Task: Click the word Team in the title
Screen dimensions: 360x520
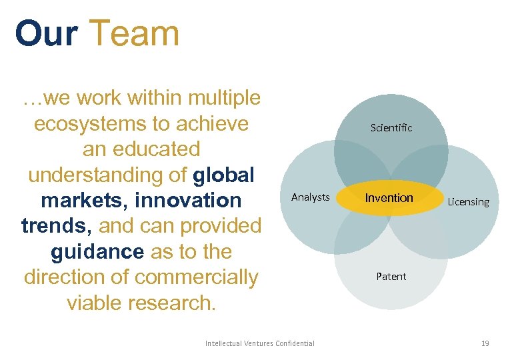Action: tap(134, 33)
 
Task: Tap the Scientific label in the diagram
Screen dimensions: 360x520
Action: tap(391, 127)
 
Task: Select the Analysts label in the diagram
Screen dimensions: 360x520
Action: tap(310, 197)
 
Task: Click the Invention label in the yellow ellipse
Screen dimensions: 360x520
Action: tap(389, 197)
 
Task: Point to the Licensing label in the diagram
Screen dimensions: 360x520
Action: tap(468, 201)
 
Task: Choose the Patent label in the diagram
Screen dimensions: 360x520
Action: tap(391, 276)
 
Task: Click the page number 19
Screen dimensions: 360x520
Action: tap(485, 343)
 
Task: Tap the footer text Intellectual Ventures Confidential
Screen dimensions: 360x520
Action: tap(260, 343)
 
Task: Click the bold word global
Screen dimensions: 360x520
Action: tap(224, 175)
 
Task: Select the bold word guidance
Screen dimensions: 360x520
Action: tap(97, 251)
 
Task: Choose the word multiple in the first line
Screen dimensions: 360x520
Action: tap(224, 98)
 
